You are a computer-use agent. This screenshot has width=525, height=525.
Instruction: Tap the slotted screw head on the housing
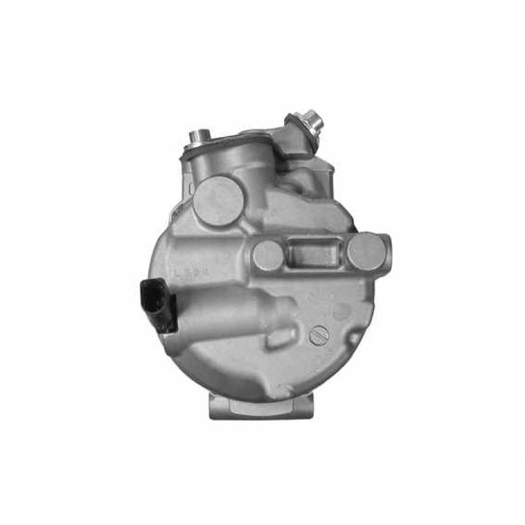click(x=318, y=335)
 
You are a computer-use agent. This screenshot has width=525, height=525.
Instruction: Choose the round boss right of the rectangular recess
click(x=365, y=251)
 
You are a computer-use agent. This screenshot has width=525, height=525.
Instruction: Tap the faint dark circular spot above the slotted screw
click(x=341, y=313)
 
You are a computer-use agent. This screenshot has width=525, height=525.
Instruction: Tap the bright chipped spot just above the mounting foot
click(x=282, y=392)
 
